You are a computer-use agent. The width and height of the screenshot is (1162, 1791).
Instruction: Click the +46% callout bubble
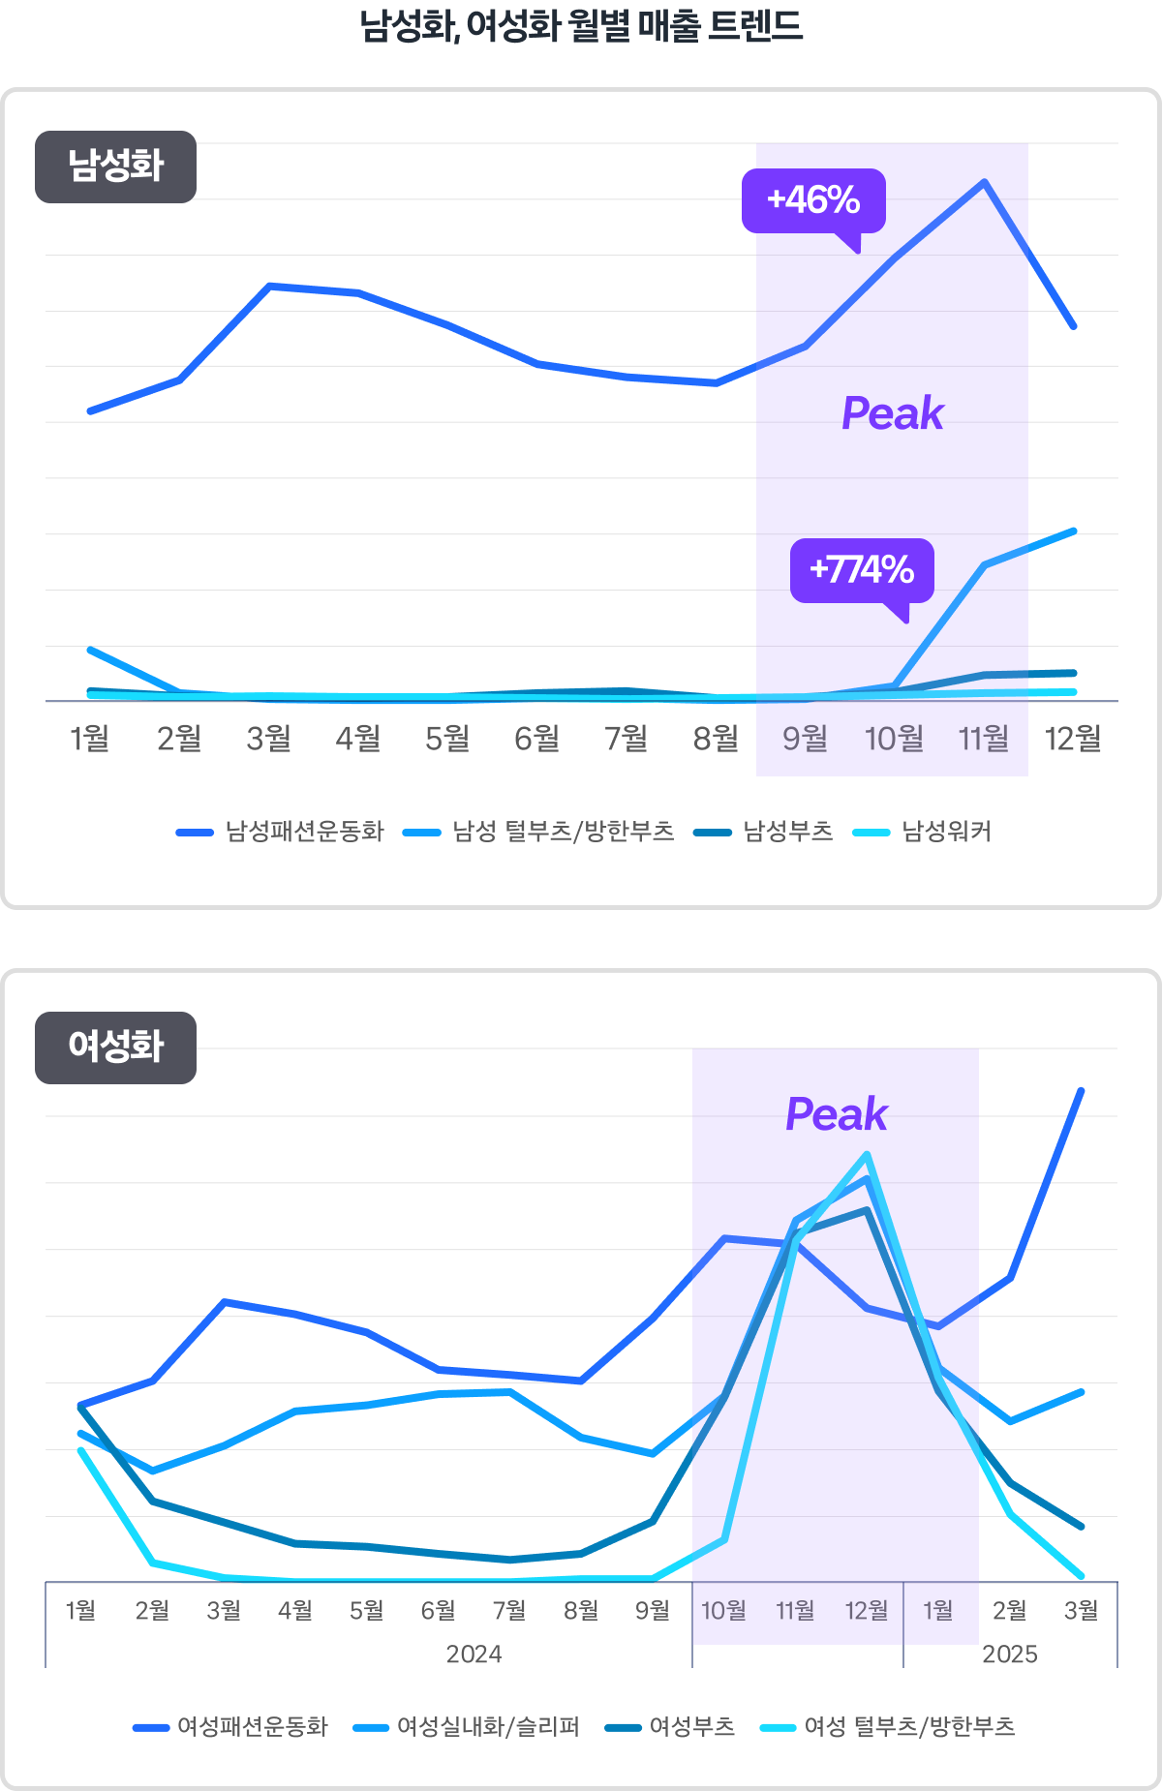coord(813,200)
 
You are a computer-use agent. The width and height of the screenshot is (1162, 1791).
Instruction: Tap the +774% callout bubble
coord(862,570)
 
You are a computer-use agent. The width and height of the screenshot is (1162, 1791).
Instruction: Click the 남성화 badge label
coord(115,167)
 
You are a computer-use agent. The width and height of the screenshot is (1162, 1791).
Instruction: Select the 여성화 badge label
coord(115,1047)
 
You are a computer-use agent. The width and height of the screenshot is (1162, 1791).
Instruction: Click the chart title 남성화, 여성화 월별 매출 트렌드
coord(581,26)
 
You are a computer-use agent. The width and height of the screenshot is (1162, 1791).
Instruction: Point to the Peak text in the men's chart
coord(892,413)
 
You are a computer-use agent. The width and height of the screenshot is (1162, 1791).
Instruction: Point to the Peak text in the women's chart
coord(836,1114)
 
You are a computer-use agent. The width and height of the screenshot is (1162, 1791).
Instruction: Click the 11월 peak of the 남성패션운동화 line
coord(984,182)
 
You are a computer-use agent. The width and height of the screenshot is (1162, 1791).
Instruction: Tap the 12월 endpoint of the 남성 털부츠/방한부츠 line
coord(1074,531)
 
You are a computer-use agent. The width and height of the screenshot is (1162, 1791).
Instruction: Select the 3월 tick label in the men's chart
coord(268,739)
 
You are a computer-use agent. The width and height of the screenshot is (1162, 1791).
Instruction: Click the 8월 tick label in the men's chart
coord(716,739)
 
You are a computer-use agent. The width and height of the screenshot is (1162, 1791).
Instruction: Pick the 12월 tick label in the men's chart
coord(1073,739)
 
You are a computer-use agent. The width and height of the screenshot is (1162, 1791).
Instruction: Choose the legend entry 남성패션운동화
coord(304,832)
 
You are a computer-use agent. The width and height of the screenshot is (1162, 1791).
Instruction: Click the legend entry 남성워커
coord(946,832)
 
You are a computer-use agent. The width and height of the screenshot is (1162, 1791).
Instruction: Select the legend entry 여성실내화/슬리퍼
coord(488,1727)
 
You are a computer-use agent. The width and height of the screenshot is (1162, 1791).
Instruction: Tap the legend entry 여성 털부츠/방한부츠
coord(909,1727)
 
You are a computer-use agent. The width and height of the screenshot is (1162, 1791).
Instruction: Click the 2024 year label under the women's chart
coord(474,1654)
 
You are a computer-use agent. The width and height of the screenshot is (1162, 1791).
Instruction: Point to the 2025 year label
coord(1009,1654)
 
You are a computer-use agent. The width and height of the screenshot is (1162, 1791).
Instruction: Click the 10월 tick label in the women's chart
coord(723,1610)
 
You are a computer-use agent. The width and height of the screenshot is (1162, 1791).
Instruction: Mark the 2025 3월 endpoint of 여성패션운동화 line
coord(1081,1091)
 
